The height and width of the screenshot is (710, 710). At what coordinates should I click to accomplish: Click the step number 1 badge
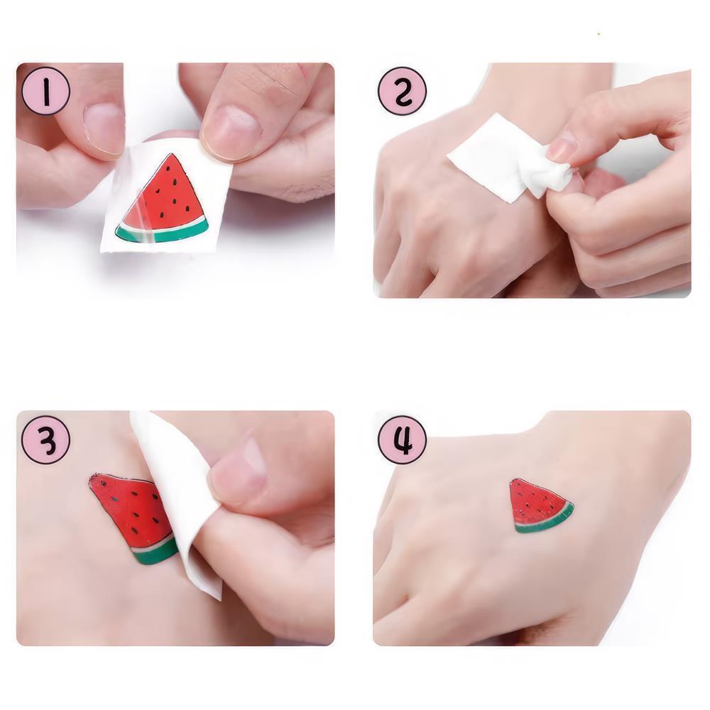click(x=46, y=91)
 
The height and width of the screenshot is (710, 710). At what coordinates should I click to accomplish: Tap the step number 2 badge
click(x=402, y=91)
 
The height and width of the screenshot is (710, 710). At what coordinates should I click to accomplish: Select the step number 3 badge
click(x=46, y=440)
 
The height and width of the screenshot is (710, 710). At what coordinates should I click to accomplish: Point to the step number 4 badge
click(x=402, y=440)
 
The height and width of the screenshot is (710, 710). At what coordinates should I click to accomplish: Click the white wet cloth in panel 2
click(x=497, y=156)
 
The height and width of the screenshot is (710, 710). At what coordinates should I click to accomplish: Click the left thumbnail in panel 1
click(x=104, y=128)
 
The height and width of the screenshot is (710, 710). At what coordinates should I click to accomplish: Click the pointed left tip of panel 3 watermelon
click(x=92, y=481)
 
